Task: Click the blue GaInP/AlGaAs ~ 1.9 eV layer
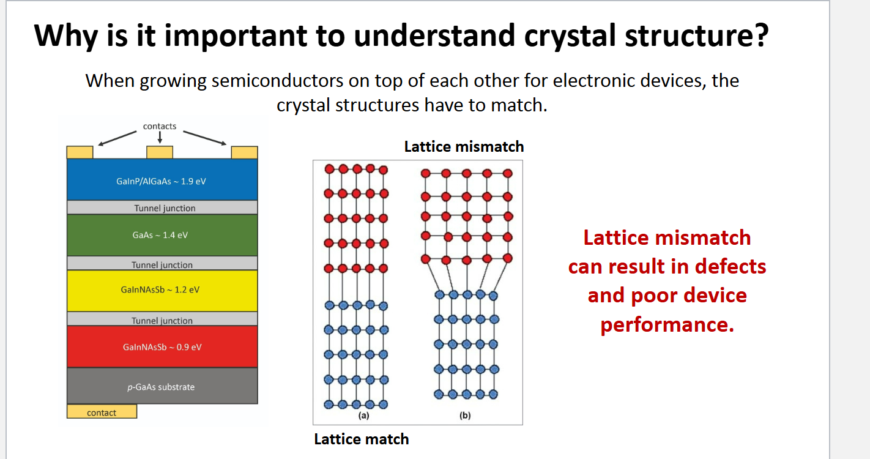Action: pos(162,180)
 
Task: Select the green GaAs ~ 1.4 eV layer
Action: pos(162,235)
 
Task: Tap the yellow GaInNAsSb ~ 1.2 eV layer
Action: pos(162,289)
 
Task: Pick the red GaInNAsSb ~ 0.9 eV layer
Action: pos(162,346)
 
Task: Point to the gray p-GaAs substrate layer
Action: pos(162,386)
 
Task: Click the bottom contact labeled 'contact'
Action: pos(102,412)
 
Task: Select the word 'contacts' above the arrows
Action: pos(160,126)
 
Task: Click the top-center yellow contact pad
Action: pos(160,152)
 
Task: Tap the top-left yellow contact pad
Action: pos(80,152)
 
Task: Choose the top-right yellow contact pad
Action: pos(244,152)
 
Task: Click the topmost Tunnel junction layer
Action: pos(162,207)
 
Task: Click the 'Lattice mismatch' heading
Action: pos(464,147)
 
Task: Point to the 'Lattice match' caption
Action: pos(361,439)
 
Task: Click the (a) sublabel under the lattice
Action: pos(363,416)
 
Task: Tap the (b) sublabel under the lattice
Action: pos(465,416)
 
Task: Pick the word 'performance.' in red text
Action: pos(667,324)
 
